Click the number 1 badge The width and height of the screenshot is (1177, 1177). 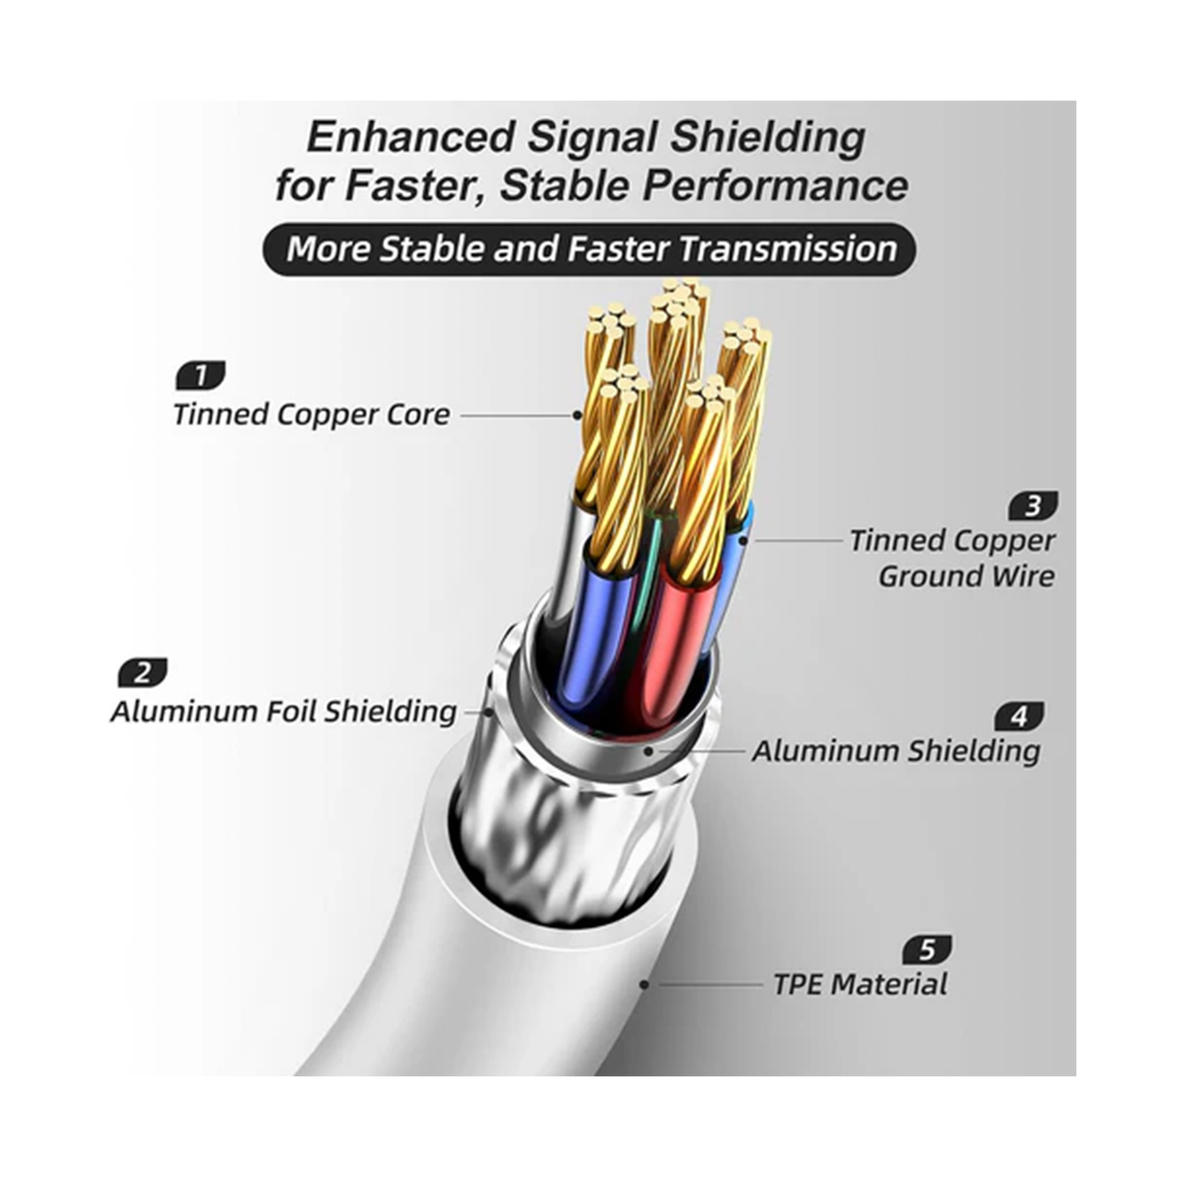pyautogui.click(x=201, y=374)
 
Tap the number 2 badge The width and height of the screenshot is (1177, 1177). pyautogui.click(x=143, y=672)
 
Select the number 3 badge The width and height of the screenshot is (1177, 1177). pyautogui.click(x=1033, y=505)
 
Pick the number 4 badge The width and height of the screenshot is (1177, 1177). pyautogui.click(x=1019, y=716)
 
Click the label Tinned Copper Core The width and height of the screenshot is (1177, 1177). pyautogui.click(x=311, y=415)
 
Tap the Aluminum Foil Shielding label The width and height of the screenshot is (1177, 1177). pyautogui.click(x=283, y=712)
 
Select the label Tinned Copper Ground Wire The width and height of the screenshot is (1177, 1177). pyautogui.click(x=952, y=558)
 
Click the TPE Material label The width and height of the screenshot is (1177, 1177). pyautogui.click(x=860, y=985)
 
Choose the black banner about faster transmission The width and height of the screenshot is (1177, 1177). pyautogui.click(x=588, y=249)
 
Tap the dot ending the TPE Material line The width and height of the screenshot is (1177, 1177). pyautogui.click(x=644, y=985)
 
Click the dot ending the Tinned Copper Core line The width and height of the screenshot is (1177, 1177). pyautogui.click(x=578, y=415)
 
